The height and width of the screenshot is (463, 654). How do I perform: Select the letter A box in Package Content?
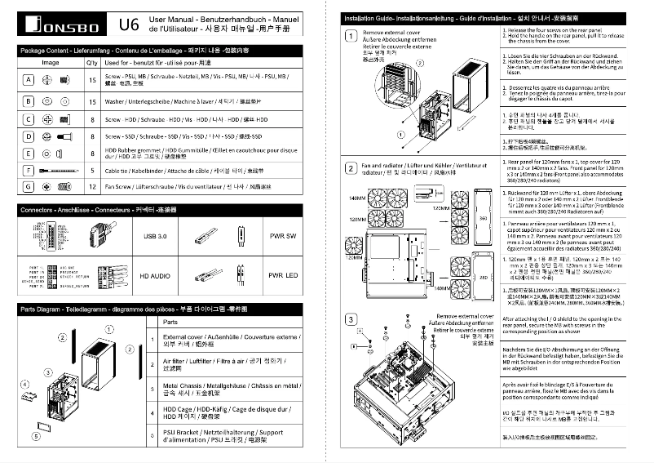click(28, 80)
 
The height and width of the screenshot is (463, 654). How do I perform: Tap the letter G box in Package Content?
click(28, 187)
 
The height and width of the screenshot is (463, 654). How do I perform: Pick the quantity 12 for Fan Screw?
click(92, 187)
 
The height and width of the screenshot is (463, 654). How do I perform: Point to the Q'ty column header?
click(92, 62)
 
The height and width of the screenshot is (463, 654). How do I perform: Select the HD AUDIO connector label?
click(154, 276)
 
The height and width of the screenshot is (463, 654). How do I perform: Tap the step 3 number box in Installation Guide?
click(351, 318)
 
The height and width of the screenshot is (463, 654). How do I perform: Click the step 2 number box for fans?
click(351, 166)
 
